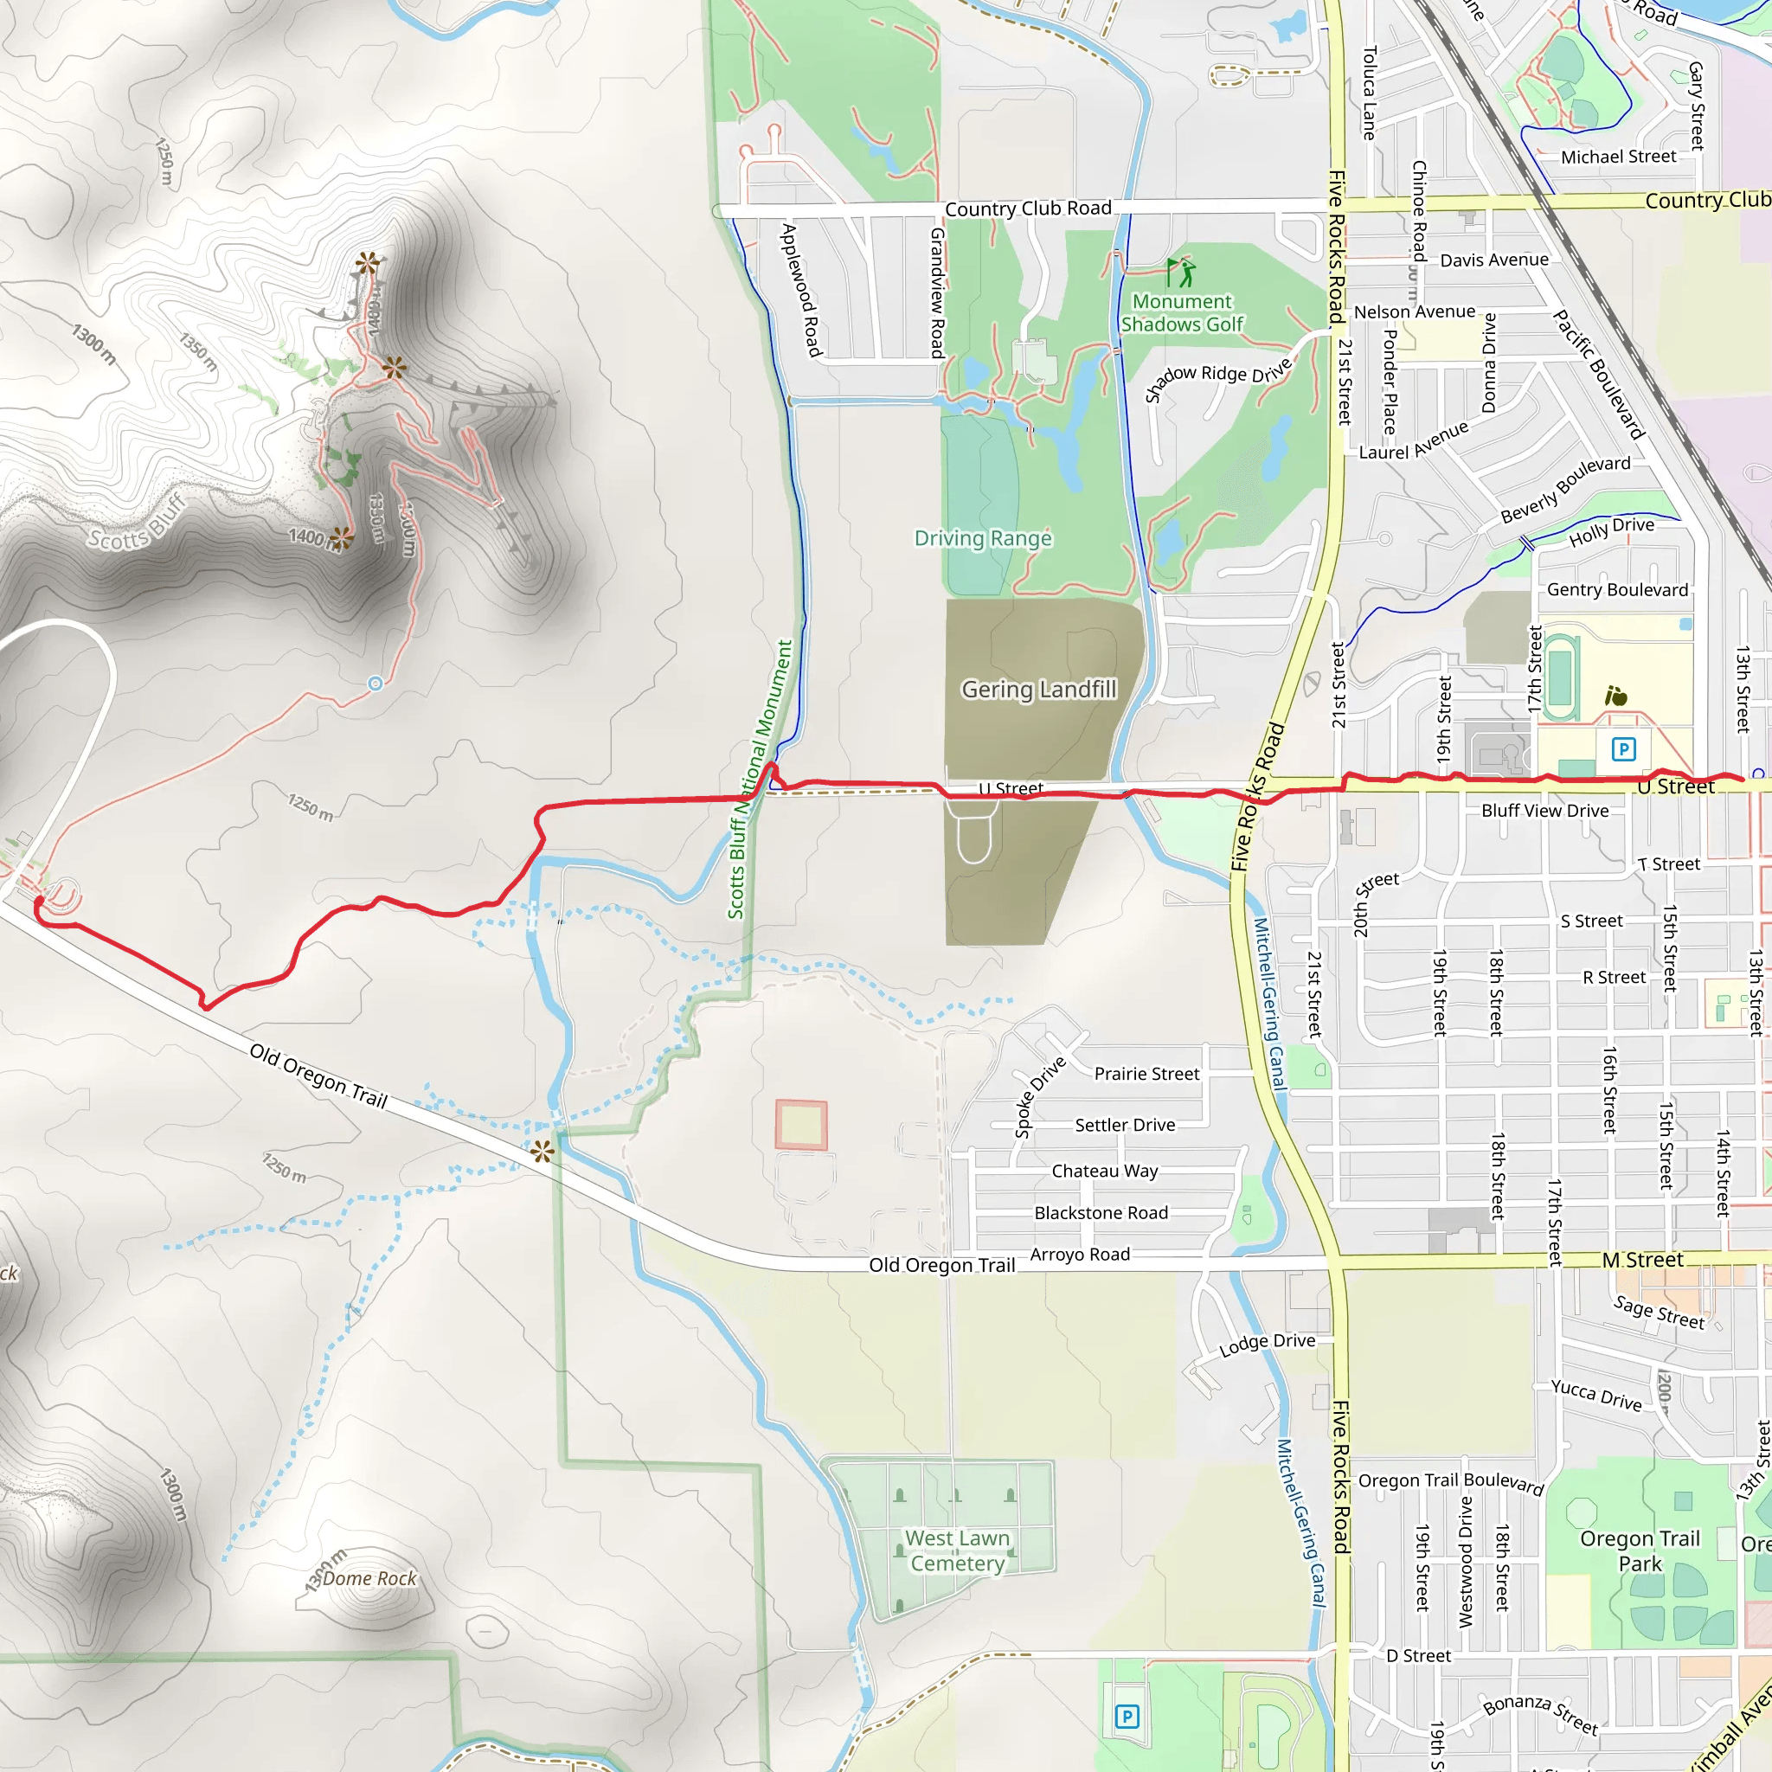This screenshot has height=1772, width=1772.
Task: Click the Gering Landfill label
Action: point(1038,689)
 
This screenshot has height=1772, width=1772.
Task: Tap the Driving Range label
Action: point(982,538)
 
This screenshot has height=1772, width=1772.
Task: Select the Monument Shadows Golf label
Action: point(1181,312)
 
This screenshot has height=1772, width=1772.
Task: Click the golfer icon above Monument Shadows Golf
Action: point(1180,273)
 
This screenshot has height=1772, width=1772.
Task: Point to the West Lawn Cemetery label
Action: point(958,1550)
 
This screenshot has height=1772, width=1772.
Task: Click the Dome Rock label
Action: point(369,1578)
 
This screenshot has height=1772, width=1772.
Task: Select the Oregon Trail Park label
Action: point(1640,1550)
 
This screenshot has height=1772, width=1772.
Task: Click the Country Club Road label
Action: point(1028,209)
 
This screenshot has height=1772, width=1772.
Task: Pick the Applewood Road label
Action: point(800,290)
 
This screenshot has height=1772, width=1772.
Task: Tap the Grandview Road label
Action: point(937,292)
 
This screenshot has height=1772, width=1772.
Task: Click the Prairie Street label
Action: point(1146,1074)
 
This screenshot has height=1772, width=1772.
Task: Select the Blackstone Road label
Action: point(1101,1213)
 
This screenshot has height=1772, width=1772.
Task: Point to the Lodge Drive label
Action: point(1267,1345)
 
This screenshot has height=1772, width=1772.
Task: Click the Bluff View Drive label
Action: point(1544,811)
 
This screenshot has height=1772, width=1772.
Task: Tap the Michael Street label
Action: point(1618,157)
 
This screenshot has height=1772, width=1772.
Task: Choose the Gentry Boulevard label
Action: point(1617,590)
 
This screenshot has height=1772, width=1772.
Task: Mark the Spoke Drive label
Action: point(1040,1097)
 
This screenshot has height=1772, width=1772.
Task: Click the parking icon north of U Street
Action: point(1623,749)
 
